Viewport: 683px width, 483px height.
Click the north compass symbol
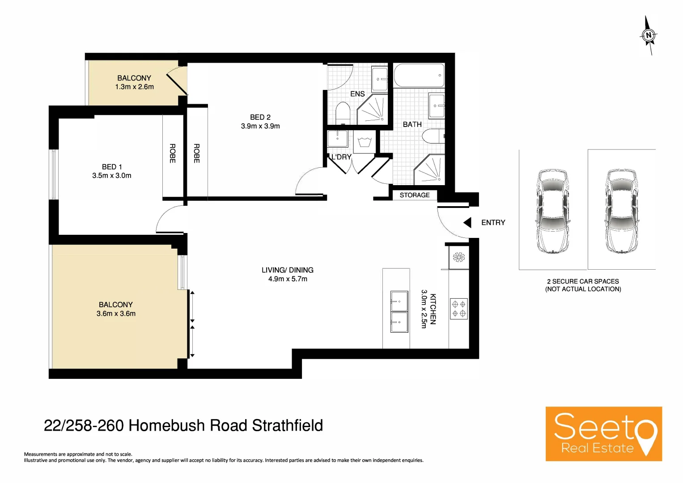[x=649, y=35]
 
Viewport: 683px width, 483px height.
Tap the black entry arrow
[x=467, y=223]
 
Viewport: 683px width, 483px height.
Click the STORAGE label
[x=414, y=195]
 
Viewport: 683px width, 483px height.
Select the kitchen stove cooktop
[x=458, y=309]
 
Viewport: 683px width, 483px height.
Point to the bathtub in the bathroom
[x=419, y=76]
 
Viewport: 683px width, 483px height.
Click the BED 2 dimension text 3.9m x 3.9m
[x=260, y=127]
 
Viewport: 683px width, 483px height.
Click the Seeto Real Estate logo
[x=603, y=433]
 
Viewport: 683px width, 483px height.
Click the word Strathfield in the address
[x=287, y=425]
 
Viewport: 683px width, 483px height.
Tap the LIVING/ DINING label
[x=288, y=270]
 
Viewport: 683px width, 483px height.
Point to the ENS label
[x=357, y=94]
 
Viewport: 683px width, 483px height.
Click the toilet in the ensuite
[x=343, y=114]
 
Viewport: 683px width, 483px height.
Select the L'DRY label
[x=341, y=157]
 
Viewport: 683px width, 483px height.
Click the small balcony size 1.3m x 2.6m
[x=134, y=87]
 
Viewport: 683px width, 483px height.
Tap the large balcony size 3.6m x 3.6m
[x=116, y=314]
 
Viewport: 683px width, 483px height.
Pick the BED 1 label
[x=112, y=167]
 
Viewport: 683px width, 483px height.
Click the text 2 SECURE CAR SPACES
[x=583, y=281]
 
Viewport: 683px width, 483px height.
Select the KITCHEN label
[x=433, y=309]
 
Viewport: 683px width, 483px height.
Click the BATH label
[x=412, y=125]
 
